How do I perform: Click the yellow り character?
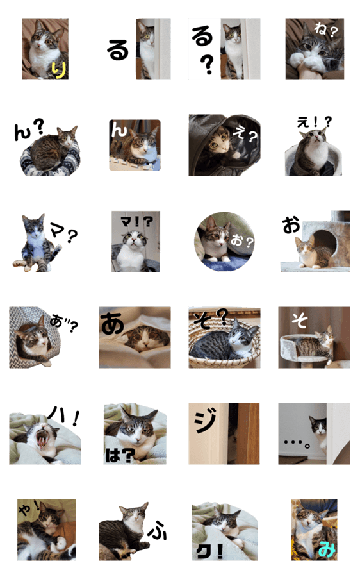point(59,69)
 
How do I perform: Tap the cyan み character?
point(327,549)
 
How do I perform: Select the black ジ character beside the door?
point(205,422)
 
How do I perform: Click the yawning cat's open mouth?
point(42,439)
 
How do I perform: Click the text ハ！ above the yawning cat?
point(63,417)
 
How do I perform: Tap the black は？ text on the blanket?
point(120,456)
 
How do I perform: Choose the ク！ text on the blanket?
point(209,551)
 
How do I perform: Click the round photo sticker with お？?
point(224,242)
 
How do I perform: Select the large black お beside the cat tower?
point(291,225)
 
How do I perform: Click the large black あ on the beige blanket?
point(112,324)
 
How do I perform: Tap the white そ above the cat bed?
point(300,320)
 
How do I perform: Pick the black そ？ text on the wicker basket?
point(211,319)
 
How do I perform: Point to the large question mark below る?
point(208,64)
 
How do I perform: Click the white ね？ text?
point(325,30)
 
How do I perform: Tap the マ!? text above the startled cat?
point(136,222)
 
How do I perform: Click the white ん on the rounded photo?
point(119,130)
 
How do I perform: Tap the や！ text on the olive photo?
point(29,508)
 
